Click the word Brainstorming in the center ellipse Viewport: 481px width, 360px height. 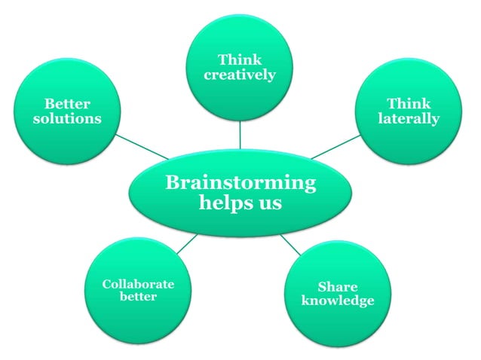240,183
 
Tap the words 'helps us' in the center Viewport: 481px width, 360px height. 240,203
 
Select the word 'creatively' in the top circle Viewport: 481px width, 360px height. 240,75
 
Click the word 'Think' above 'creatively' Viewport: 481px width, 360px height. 239,59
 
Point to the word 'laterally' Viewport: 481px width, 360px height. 409,119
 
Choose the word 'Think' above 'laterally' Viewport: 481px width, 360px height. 409,103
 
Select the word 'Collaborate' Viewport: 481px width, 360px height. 138,284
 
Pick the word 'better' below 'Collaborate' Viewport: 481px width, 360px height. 138,297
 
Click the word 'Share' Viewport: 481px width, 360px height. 337,287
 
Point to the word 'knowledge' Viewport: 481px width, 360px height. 337,301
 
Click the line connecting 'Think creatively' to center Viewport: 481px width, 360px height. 240,135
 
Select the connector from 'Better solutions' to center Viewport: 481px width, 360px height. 142,147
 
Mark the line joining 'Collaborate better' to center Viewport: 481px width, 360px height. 188,243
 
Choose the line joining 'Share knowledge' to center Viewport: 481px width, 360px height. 291,244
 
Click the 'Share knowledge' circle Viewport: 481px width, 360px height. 337,324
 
